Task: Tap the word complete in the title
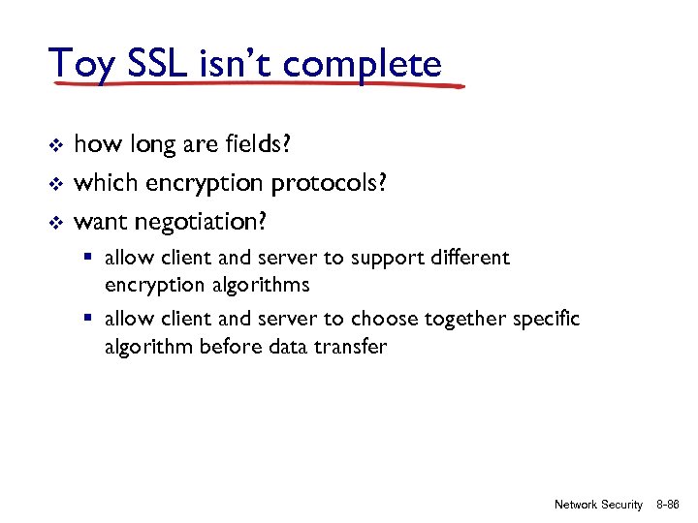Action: tap(365, 65)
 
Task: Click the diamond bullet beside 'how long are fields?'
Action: tap(55, 145)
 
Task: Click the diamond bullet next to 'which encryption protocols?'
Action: tap(55, 183)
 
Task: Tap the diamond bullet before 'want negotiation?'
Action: tap(55, 222)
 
